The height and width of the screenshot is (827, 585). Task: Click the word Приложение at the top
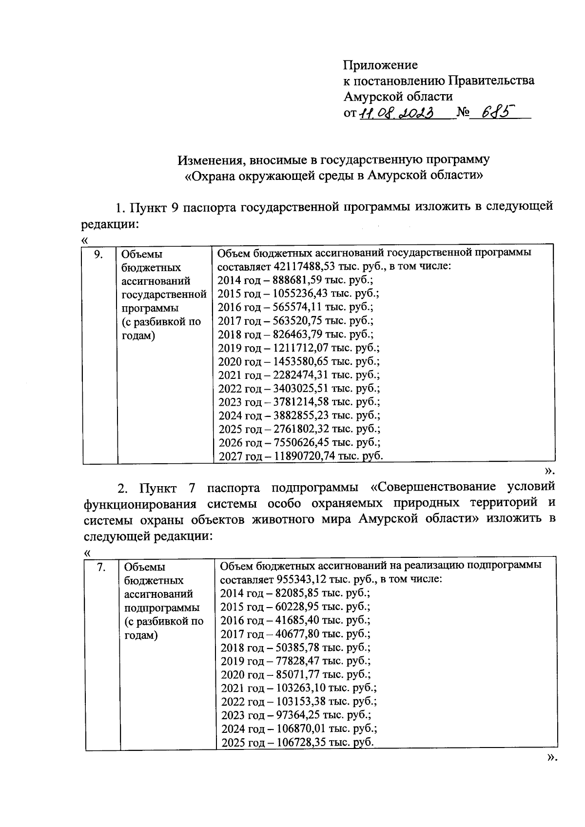click(x=380, y=65)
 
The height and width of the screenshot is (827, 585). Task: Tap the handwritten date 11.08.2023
click(x=397, y=114)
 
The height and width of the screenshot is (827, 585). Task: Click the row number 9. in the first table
click(x=98, y=254)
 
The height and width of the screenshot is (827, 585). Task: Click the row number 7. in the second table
click(x=102, y=567)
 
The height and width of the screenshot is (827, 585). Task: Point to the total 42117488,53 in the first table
click(x=305, y=266)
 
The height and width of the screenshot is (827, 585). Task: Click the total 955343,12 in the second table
click(x=302, y=580)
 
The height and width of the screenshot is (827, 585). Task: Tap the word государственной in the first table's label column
click(x=164, y=295)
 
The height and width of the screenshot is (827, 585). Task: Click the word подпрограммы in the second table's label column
click(x=162, y=608)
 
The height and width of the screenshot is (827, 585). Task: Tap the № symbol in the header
click(x=463, y=114)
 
